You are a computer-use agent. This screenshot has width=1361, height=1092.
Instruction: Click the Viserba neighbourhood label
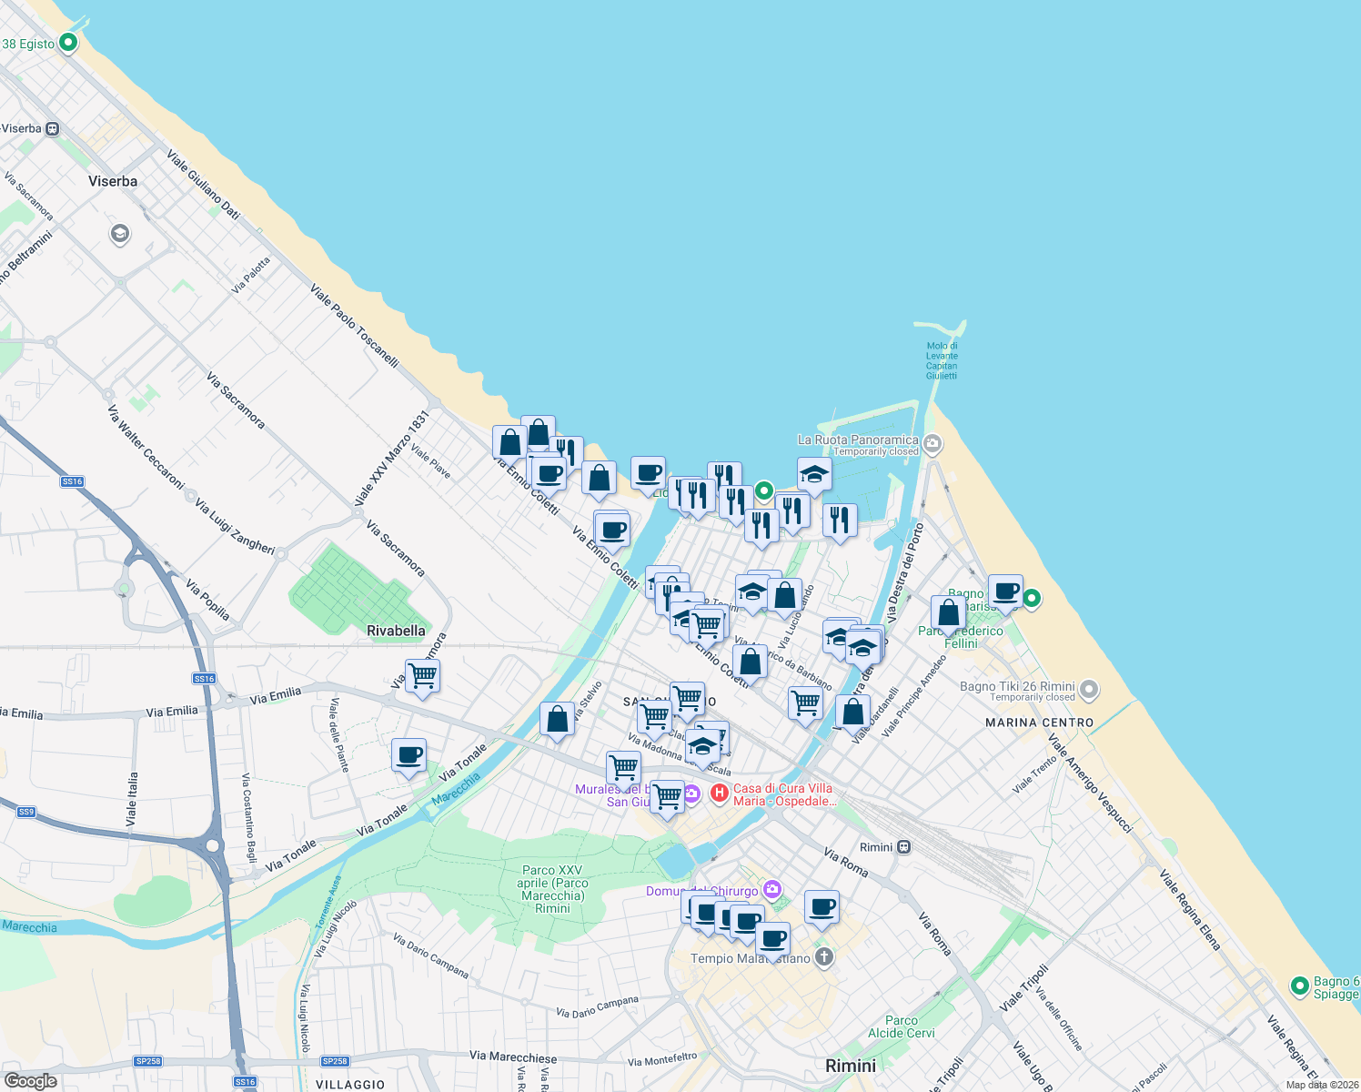113,181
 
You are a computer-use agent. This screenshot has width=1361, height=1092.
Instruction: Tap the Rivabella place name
396,631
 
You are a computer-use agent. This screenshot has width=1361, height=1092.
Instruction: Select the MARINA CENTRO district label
1039,723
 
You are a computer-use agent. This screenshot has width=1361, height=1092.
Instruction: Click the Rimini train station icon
903,847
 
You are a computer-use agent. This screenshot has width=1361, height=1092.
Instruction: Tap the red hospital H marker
720,794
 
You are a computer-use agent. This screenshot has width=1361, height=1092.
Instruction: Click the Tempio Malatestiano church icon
824,957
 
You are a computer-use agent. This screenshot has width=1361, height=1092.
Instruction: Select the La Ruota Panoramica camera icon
933,444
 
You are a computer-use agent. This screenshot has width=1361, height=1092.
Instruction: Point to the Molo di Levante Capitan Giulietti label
942,360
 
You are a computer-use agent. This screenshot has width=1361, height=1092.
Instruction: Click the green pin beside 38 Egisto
68,43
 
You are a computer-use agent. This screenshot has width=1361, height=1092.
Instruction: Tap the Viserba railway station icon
53,129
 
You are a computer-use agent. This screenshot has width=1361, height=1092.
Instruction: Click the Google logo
30,1081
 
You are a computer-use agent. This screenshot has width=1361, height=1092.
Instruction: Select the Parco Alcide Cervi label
901,1026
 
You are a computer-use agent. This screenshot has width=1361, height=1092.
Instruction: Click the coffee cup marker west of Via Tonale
408,755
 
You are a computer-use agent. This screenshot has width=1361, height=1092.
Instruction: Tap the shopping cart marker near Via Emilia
423,676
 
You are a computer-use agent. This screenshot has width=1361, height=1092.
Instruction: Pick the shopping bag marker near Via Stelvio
557,719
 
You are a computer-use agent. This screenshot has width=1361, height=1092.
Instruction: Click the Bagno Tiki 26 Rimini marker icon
1090,691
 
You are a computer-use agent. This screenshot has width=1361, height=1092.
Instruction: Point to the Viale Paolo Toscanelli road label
354,325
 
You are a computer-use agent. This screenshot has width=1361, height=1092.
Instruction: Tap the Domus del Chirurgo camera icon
772,889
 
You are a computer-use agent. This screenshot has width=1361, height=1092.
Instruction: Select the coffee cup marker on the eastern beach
1005,591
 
